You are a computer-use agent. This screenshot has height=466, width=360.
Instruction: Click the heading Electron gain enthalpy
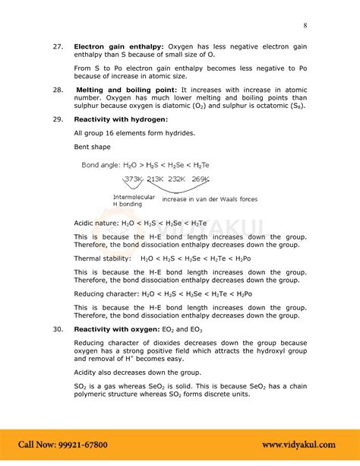(118, 46)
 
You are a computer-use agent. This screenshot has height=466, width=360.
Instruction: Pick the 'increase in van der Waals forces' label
(210, 199)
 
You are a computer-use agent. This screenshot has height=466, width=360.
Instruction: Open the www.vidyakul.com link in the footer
(303, 444)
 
